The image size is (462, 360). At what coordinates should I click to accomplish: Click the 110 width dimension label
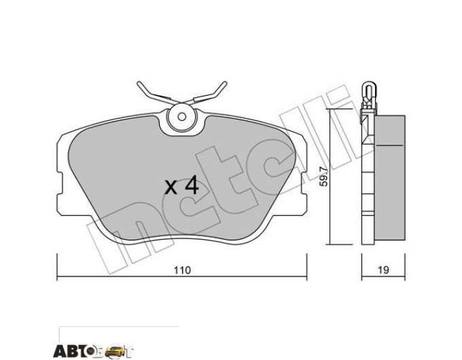click(182, 270)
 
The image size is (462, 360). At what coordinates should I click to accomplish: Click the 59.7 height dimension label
click(323, 177)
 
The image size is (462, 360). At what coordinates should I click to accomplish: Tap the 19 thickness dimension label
click(383, 270)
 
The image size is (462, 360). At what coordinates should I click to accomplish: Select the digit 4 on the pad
click(192, 187)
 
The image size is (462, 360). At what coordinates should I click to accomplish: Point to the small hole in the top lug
click(182, 117)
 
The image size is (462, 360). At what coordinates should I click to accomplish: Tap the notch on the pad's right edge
click(304, 183)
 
